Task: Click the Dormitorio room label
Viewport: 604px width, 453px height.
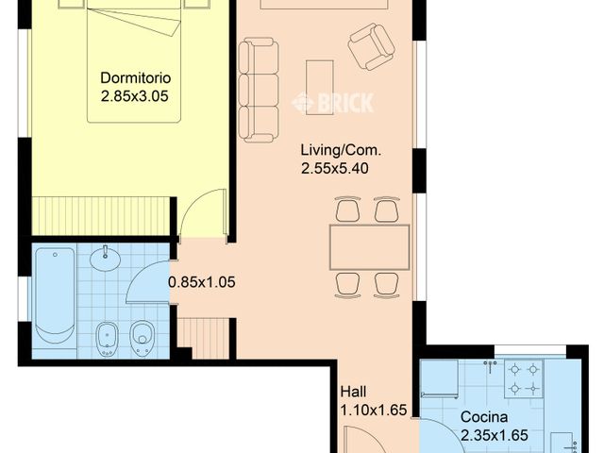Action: [x=136, y=78]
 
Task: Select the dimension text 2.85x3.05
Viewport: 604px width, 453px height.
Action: [x=136, y=95]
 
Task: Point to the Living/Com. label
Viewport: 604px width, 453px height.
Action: [x=341, y=151]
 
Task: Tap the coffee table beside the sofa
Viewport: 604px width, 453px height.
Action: [x=320, y=87]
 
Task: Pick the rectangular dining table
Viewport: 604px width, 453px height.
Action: [x=369, y=246]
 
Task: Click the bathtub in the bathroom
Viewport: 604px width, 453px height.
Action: [x=54, y=295]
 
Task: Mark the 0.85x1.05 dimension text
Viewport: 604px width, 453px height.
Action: [x=200, y=281]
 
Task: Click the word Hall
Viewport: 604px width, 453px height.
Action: [x=355, y=392]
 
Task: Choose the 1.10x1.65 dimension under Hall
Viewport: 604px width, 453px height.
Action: [x=373, y=410]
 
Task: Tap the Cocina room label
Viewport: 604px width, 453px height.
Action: [x=484, y=417]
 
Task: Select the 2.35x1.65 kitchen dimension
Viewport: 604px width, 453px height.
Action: [x=494, y=435]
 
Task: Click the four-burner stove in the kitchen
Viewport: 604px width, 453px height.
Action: [x=525, y=377]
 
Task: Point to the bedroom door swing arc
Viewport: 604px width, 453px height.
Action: [x=200, y=210]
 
